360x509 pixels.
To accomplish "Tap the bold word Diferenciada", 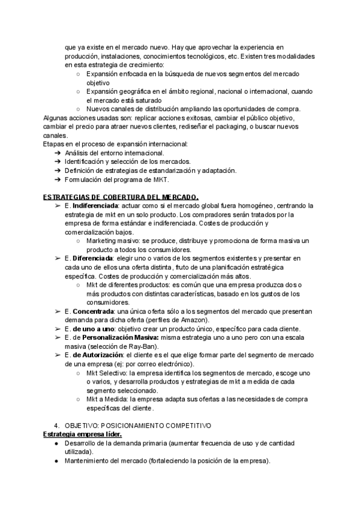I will tap(92, 258).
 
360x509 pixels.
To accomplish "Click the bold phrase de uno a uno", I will tap(90, 329).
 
